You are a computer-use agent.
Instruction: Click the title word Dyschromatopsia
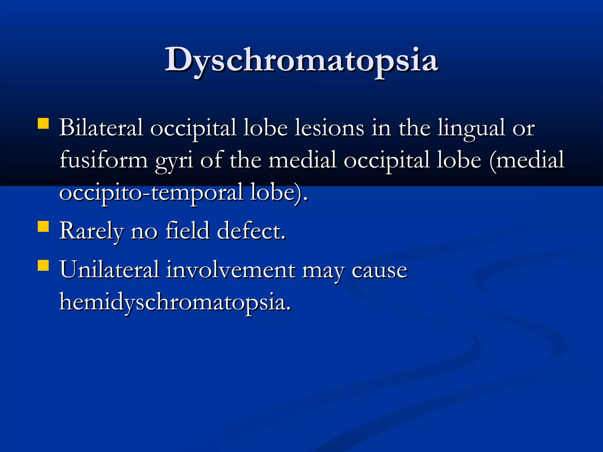pos(301,60)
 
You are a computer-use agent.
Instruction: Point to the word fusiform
pos(104,160)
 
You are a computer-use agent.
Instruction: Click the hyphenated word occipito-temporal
pos(151,192)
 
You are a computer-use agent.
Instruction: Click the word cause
pos(380,270)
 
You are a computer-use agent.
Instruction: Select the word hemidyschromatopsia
pos(175,302)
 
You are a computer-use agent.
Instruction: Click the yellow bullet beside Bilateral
pos(43,124)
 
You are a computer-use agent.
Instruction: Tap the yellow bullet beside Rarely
pos(43,227)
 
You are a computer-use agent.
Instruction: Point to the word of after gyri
pos(211,160)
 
